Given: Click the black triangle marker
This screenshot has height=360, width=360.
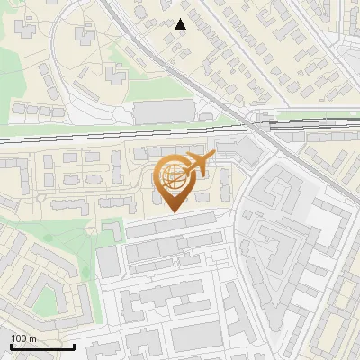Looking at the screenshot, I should click(x=181, y=24).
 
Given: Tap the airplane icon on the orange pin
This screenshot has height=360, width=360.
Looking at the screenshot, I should click(x=197, y=164).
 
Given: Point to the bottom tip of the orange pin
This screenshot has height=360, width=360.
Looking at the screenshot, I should click(x=174, y=212).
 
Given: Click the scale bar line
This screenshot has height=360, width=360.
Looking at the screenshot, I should click(x=41, y=347).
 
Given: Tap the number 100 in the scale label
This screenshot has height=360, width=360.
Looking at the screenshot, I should click(x=19, y=338).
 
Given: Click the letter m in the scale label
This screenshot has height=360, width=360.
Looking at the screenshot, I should click(x=32, y=338).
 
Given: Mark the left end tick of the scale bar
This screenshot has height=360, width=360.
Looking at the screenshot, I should click(x=10, y=346).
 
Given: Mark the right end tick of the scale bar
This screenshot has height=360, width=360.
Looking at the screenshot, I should click(x=73, y=346).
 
